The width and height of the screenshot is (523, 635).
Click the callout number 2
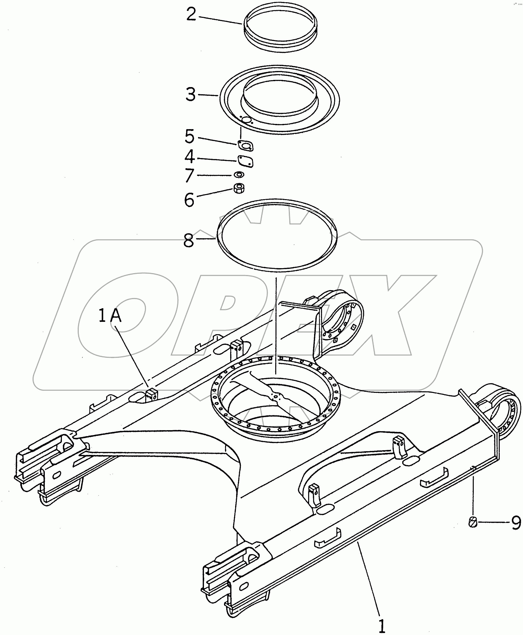click(191, 14)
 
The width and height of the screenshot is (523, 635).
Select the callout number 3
click(190, 94)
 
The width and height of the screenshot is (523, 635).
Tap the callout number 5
click(190, 136)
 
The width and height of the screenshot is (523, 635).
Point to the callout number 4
click(190, 157)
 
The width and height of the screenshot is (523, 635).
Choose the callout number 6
click(189, 200)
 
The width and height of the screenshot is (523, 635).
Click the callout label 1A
click(110, 316)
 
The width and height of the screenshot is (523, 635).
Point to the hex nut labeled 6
click(239, 189)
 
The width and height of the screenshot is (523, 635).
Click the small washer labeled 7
click(239, 175)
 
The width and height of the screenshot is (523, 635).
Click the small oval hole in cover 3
click(247, 120)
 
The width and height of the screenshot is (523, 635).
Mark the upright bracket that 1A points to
click(151, 395)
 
